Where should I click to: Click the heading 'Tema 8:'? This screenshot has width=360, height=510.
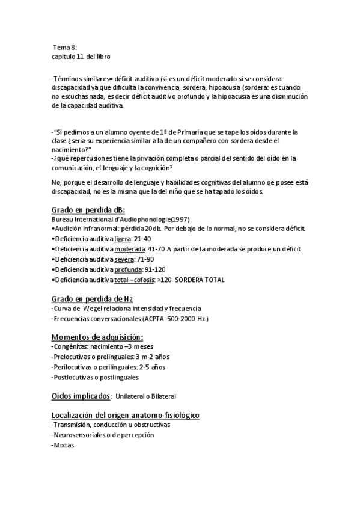(x=65, y=47)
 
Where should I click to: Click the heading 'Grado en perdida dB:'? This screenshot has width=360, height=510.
(x=88, y=210)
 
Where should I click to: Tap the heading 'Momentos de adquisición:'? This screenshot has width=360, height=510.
(x=97, y=337)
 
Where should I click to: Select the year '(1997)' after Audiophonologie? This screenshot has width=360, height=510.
(x=181, y=219)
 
